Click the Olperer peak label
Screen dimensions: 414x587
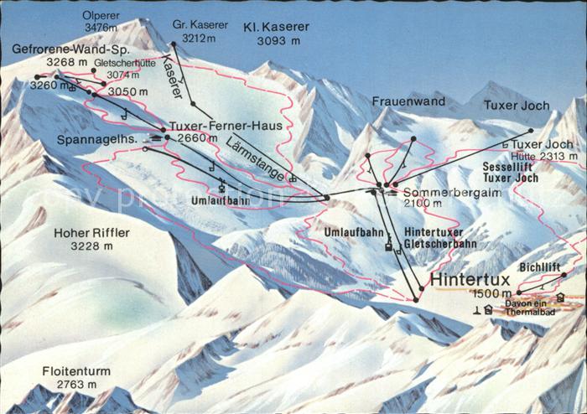(x=101, y=15)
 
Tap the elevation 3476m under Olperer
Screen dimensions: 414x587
(x=101, y=28)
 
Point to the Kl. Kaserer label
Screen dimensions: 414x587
(x=276, y=27)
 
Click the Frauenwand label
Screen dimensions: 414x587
(x=408, y=101)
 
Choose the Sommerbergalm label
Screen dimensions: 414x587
(x=435, y=192)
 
